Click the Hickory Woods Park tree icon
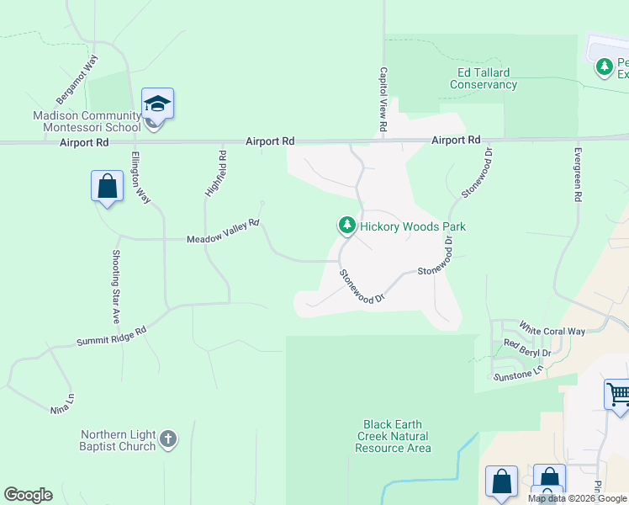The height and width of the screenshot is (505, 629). (x=346, y=226)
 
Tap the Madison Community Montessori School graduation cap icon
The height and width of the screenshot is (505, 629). (x=157, y=104)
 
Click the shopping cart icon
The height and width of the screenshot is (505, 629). (x=617, y=394)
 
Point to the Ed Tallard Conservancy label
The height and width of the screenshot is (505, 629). (x=483, y=78)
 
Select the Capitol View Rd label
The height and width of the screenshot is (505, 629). (x=383, y=98)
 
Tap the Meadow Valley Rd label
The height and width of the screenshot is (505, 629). (x=223, y=233)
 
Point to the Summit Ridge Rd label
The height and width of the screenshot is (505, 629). (x=111, y=335)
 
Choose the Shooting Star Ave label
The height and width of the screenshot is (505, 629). (x=117, y=286)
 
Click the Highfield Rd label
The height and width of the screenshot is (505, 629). (x=216, y=173)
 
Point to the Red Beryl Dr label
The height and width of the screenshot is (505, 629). (x=527, y=347)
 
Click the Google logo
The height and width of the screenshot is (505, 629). (x=28, y=495)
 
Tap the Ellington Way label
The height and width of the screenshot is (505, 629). (x=140, y=177)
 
